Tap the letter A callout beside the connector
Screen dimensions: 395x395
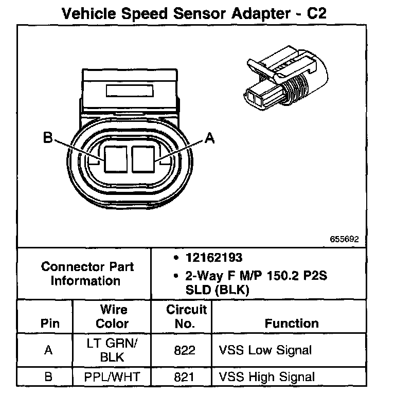pos(209,138)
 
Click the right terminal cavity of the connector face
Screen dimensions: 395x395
pos(142,159)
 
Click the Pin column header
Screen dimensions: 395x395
pos(49,324)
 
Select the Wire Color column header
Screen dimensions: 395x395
pos(113,317)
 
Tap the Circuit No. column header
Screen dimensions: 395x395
pos(186,317)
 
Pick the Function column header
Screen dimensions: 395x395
pos(291,324)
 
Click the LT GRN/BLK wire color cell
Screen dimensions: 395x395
pos(112,350)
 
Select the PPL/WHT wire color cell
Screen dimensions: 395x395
pos(113,377)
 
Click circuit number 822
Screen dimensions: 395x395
pos(185,350)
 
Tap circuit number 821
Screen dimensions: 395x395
pos(185,377)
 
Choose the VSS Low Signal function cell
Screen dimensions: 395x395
pos(265,350)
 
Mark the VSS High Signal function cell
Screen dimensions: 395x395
pos(267,377)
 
